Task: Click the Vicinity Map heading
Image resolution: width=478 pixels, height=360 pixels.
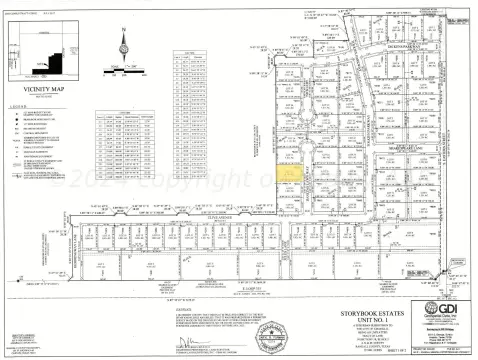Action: pyautogui.click(x=42, y=88)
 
